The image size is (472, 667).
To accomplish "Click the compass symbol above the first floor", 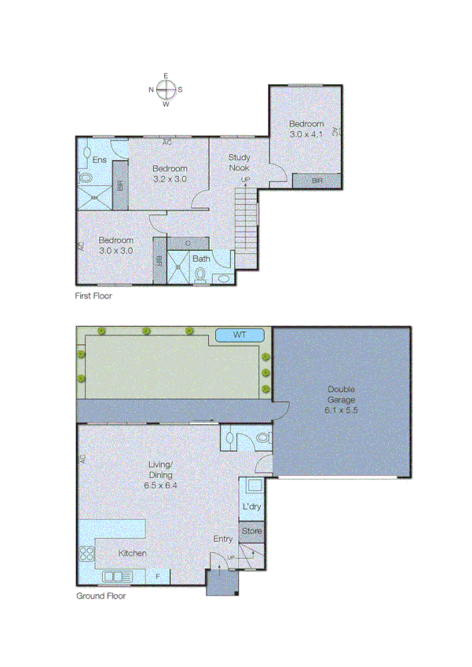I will (x=166, y=90).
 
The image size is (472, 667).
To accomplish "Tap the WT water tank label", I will (x=240, y=335).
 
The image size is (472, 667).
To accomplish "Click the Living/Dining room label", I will (x=159, y=475).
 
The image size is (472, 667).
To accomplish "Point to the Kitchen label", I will (x=132, y=554).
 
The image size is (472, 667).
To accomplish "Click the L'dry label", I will (x=251, y=508).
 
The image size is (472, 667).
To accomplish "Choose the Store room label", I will (x=251, y=532).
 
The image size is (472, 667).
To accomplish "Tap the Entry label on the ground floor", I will (x=223, y=539).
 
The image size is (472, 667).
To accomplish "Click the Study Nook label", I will (x=240, y=163).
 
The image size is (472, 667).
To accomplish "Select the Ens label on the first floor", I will (x=99, y=160).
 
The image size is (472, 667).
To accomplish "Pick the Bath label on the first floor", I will (x=202, y=258).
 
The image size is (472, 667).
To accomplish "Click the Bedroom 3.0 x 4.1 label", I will (x=306, y=130).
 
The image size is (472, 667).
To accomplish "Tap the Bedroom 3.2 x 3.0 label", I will (x=170, y=174).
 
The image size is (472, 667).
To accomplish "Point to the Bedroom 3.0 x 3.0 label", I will (x=115, y=245).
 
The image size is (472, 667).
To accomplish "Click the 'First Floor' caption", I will (x=93, y=296).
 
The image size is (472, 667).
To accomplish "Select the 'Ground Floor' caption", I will (x=101, y=596).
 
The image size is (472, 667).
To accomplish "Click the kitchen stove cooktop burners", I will (x=86, y=553).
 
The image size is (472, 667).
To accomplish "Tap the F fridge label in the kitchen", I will (x=158, y=577).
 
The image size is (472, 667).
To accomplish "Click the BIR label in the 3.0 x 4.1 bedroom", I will (x=317, y=181).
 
